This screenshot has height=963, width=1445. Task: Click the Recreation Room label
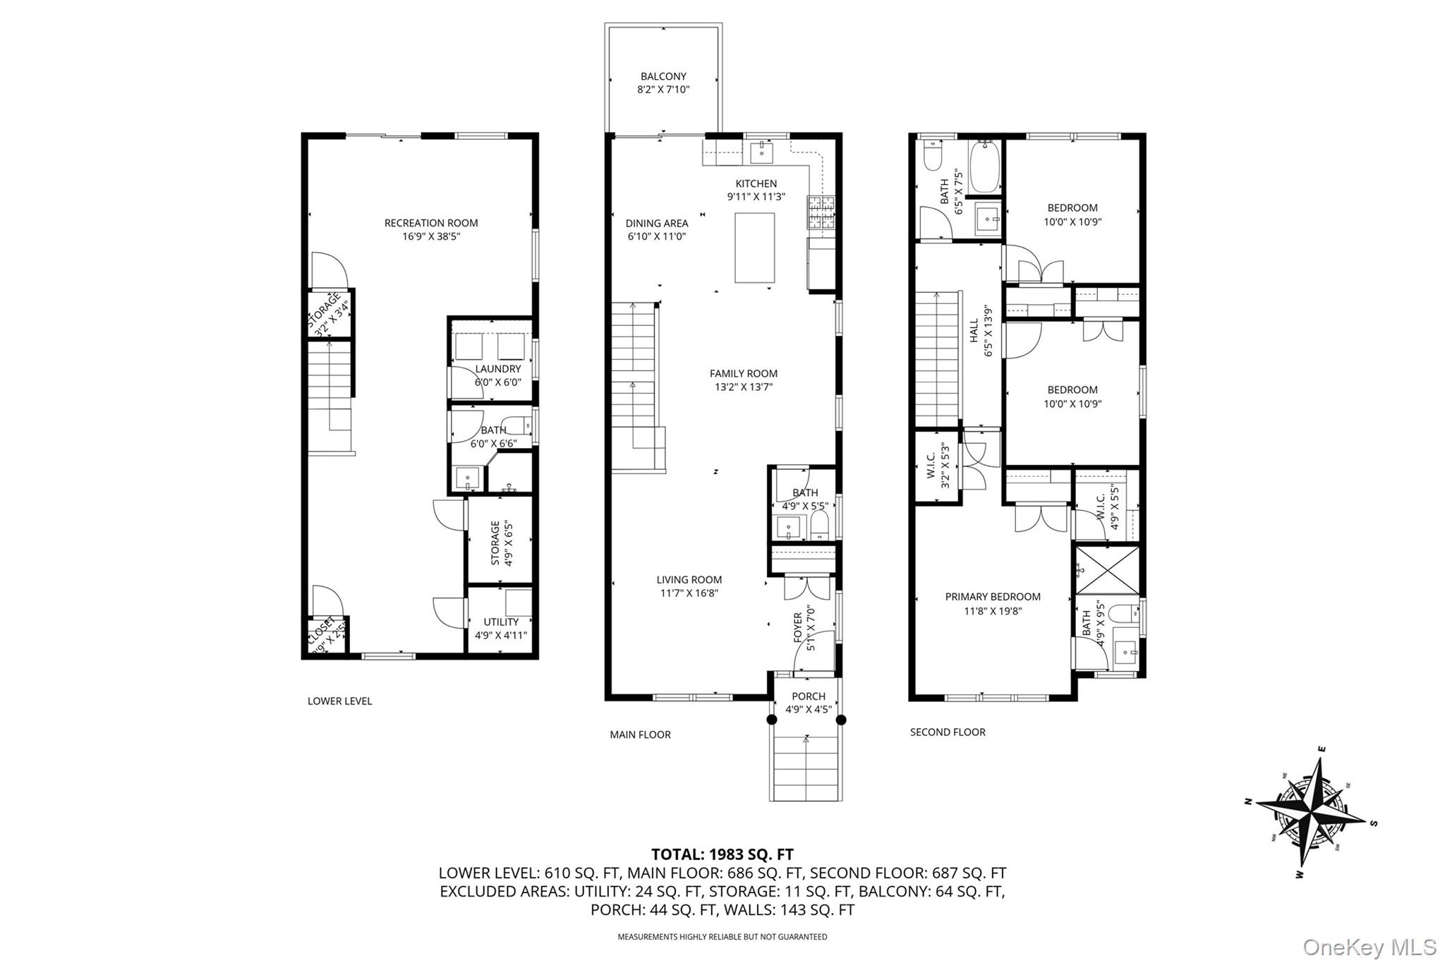pos(430,223)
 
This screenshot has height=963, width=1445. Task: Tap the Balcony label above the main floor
pos(663,76)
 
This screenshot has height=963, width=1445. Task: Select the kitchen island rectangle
pos(754,248)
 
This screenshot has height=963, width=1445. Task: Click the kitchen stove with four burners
pos(821,213)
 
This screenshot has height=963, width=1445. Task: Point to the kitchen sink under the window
pos(762,151)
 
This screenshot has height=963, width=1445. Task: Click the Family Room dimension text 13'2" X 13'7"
pos(743,387)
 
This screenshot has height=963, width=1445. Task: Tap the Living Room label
pos(689,580)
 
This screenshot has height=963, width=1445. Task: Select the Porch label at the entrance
pos(808,696)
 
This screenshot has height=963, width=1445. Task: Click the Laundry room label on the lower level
pos(497,369)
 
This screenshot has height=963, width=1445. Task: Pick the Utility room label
pos(501,622)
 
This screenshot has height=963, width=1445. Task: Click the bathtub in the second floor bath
pos(984,167)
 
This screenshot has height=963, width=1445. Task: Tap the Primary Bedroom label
pos(992,597)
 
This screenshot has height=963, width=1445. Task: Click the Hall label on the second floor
pos(974,330)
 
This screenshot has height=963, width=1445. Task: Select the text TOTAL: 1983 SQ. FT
pos(722,854)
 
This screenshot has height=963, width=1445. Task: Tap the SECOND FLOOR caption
pos(947,732)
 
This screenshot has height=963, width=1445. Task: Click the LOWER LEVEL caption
pos(339,701)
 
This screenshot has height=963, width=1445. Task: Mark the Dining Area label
pos(656,224)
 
